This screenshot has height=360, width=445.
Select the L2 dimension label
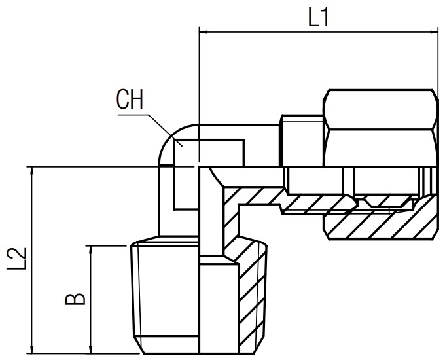(19, 259)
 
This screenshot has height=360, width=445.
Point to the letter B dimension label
(76, 298)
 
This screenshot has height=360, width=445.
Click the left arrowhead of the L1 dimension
(204, 31)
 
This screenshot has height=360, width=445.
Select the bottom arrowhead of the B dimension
(90, 350)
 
